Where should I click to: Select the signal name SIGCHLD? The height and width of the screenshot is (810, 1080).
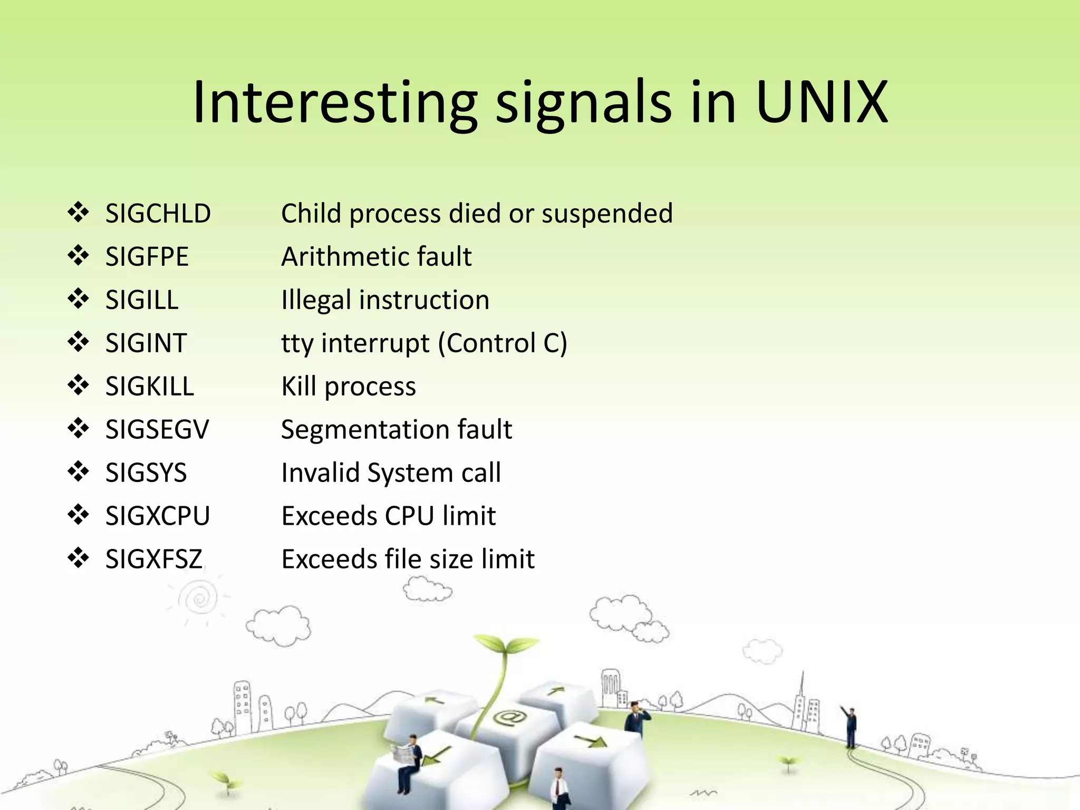[x=158, y=214]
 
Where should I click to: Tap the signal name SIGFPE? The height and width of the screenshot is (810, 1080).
[x=147, y=257]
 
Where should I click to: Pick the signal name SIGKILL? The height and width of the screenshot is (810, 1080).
[x=149, y=387]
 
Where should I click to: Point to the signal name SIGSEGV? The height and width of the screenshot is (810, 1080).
[x=157, y=430]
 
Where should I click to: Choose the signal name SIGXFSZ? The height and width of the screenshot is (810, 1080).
[x=153, y=559]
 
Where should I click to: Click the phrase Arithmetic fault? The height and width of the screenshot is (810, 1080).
[x=376, y=257]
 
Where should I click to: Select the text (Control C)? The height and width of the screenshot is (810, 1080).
[x=503, y=343]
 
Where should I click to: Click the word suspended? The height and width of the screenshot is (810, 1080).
[x=607, y=214]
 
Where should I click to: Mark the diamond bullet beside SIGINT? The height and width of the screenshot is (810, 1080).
[x=78, y=342]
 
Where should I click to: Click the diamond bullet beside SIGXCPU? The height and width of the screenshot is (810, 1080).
[x=78, y=515]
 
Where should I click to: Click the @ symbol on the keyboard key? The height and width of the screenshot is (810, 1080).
[x=509, y=717]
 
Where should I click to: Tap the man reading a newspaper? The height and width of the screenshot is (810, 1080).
[x=409, y=759]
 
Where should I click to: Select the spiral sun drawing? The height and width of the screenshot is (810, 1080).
[x=199, y=599]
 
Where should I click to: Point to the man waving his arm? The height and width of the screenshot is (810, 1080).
[x=850, y=725]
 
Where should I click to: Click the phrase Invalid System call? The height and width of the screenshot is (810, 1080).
[x=391, y=473]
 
